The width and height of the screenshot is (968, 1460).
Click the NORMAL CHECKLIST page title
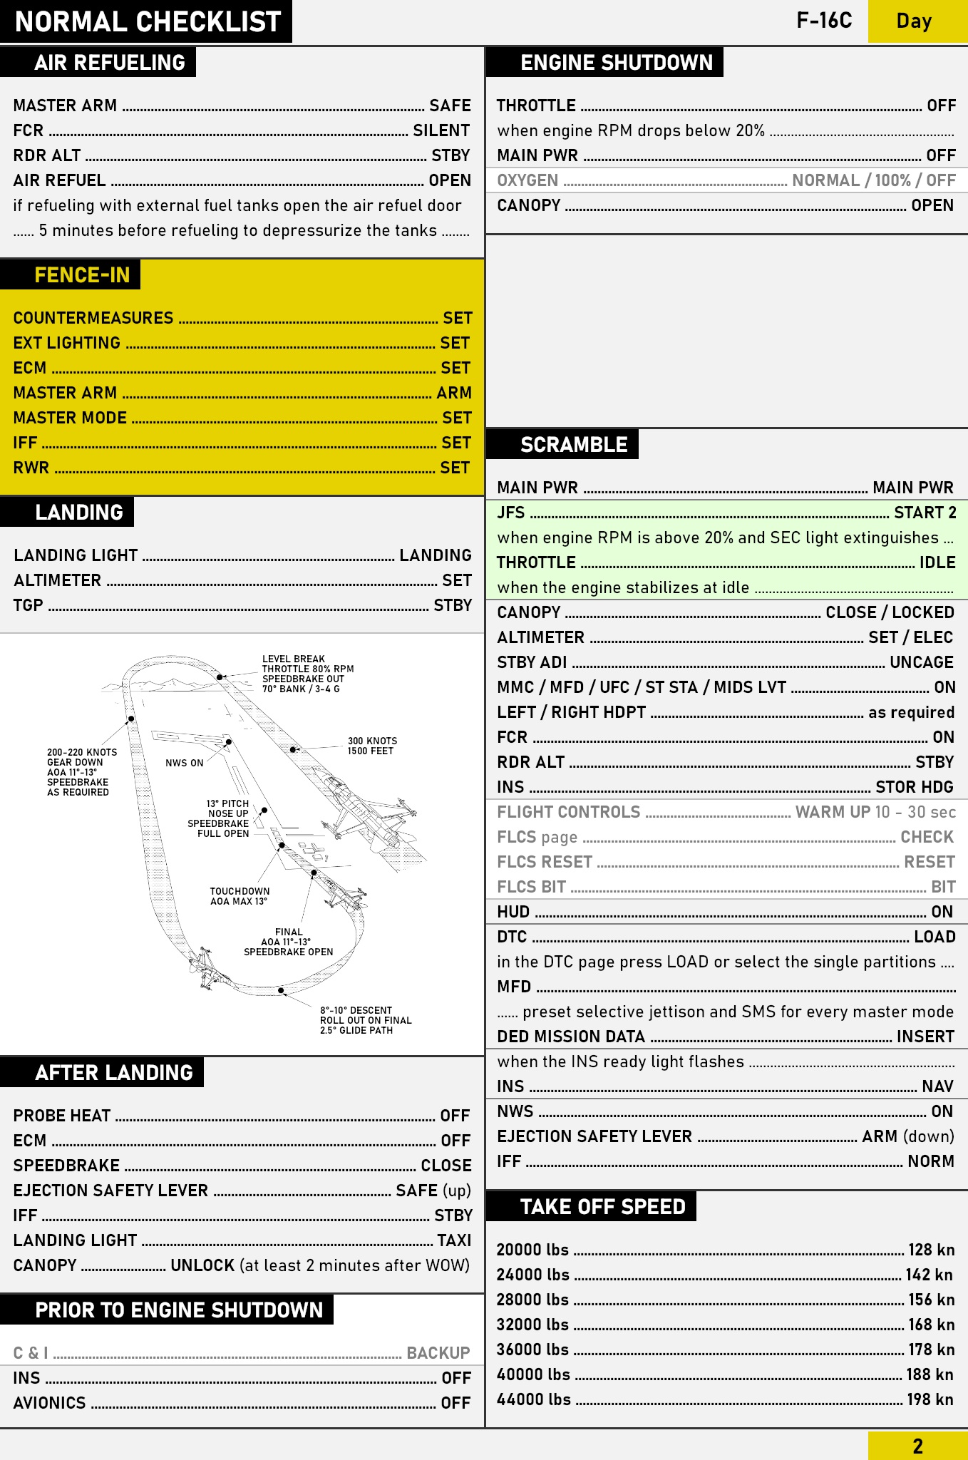(148, 22)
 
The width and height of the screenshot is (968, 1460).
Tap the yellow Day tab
(914, 21)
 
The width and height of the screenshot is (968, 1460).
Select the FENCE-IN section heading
(82, 275)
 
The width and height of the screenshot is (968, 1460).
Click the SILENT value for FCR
(441, 130)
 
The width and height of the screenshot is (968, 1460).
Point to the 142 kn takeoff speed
(930, 1275)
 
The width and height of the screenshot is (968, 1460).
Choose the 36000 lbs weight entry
(532, 1350)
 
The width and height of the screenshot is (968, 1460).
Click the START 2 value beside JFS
(925, 513)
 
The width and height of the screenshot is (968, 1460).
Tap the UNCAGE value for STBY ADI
(921, 662)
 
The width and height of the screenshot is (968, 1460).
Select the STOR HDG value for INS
(914, 787)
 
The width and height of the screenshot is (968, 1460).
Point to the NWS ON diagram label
(184, 763)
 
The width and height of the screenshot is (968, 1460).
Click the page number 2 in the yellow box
(917, 1446)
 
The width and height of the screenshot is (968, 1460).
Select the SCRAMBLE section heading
(573, 445)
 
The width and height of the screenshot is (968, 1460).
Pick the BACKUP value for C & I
(438, 1353)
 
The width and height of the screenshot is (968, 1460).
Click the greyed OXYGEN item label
(527, 180)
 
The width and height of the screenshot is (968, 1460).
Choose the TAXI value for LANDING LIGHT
(454, 1240)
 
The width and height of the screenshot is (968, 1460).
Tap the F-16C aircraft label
(824, 21)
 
